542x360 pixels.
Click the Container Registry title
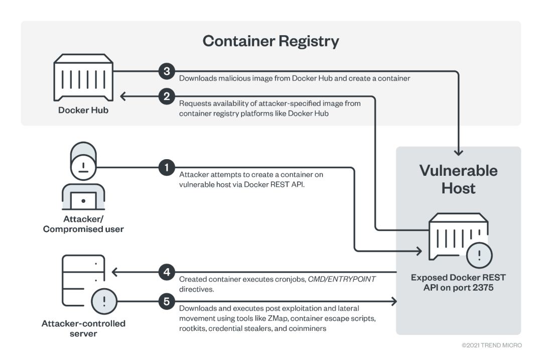(x=270, y=41)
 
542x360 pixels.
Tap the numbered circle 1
(x=167, y=167)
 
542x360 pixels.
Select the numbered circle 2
(x=167, y=96)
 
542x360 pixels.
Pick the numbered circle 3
(x=167, y=71)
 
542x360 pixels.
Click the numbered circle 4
(x=167, y=272)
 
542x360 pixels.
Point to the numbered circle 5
(x=167, y=302)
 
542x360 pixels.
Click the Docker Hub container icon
(x=83, y=77)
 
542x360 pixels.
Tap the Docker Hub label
(x=83, y=110)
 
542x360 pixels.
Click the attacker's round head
(x=83, y=167)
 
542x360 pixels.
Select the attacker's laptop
(x=83, y=200)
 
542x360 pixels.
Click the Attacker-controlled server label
(x=83, y=328)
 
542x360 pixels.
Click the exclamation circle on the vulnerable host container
(x=479, y=256)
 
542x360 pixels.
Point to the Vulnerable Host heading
(x=458, y=179)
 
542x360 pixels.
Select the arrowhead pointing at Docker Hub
(x=122, y=96)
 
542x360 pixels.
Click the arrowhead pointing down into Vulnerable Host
(x=458, y=153)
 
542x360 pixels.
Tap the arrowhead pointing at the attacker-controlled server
(x=115, y=272)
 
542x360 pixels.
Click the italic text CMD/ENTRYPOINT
(x=342, y=279)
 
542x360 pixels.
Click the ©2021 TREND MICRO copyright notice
(x=491, y=345)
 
